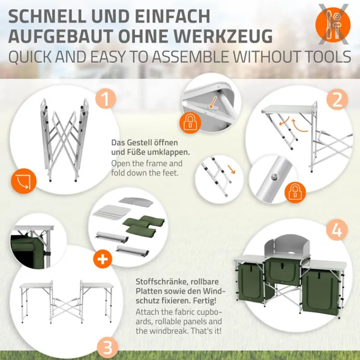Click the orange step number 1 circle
(x=105, y=99)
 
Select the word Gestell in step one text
(x=139, y=142)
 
